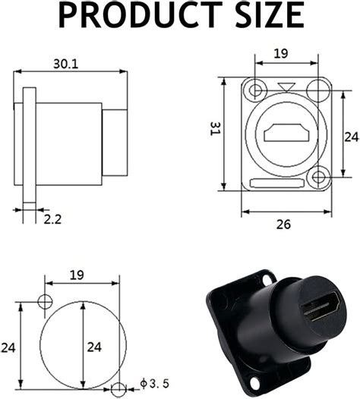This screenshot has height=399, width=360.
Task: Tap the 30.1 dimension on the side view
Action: pyautogui.click(x=65, y=64)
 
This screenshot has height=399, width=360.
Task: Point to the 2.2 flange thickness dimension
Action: pyautogui.click(x=52, y=219)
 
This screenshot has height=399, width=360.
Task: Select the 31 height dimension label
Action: pyautogui.click(x=214, y=131)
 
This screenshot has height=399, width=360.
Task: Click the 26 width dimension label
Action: pyautogui.click(x=283, y=225)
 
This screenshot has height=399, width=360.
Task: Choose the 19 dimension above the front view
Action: pyautogui.click(x=281, y=54)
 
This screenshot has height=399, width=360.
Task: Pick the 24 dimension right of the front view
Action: pyautogui.click(x=350, y=137)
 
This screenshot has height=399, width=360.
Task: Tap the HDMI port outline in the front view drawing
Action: pyautogui.click(x=286, y=135)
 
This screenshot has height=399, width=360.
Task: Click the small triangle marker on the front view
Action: pyautogui.click(x=285, y=87)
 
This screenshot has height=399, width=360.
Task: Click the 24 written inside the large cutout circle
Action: pyautogui.click(x=94, y=347)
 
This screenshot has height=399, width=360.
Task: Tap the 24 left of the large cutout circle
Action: pyautogui.click(x=8, y=347)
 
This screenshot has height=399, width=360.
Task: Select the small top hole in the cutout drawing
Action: pyautogui.click(x=45, y=302)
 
